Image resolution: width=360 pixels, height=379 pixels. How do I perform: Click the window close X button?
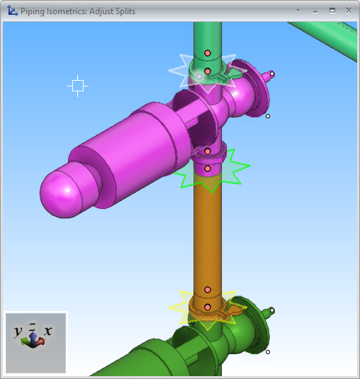(x=349, y=11)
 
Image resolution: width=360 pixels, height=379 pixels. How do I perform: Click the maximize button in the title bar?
(x=332, y=11)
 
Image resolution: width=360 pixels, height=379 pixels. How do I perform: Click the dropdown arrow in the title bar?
(x=298, y=11)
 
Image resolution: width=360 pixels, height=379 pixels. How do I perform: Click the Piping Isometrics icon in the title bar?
(x=12, y=11)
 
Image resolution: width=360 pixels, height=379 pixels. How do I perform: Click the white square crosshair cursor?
(x=78, y=86)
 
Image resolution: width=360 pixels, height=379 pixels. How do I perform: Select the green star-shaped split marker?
(x=213, y=171)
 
